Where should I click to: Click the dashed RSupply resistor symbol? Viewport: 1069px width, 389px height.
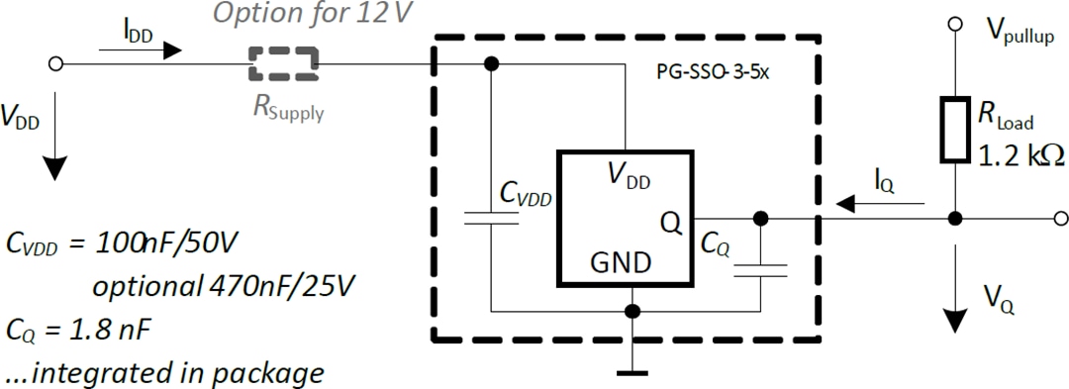284,63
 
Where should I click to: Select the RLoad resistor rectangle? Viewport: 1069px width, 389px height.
954,130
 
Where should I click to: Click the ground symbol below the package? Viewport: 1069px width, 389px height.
632,372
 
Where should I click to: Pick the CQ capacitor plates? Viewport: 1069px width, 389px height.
759,270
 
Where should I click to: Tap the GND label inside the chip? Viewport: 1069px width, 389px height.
621,263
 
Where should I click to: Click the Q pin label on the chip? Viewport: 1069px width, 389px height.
670,225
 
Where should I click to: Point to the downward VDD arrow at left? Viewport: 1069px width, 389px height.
54,148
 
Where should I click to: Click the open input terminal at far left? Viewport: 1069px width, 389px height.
55,63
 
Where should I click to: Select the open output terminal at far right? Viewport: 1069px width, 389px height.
1060,218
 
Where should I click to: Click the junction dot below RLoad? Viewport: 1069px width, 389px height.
954,218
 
